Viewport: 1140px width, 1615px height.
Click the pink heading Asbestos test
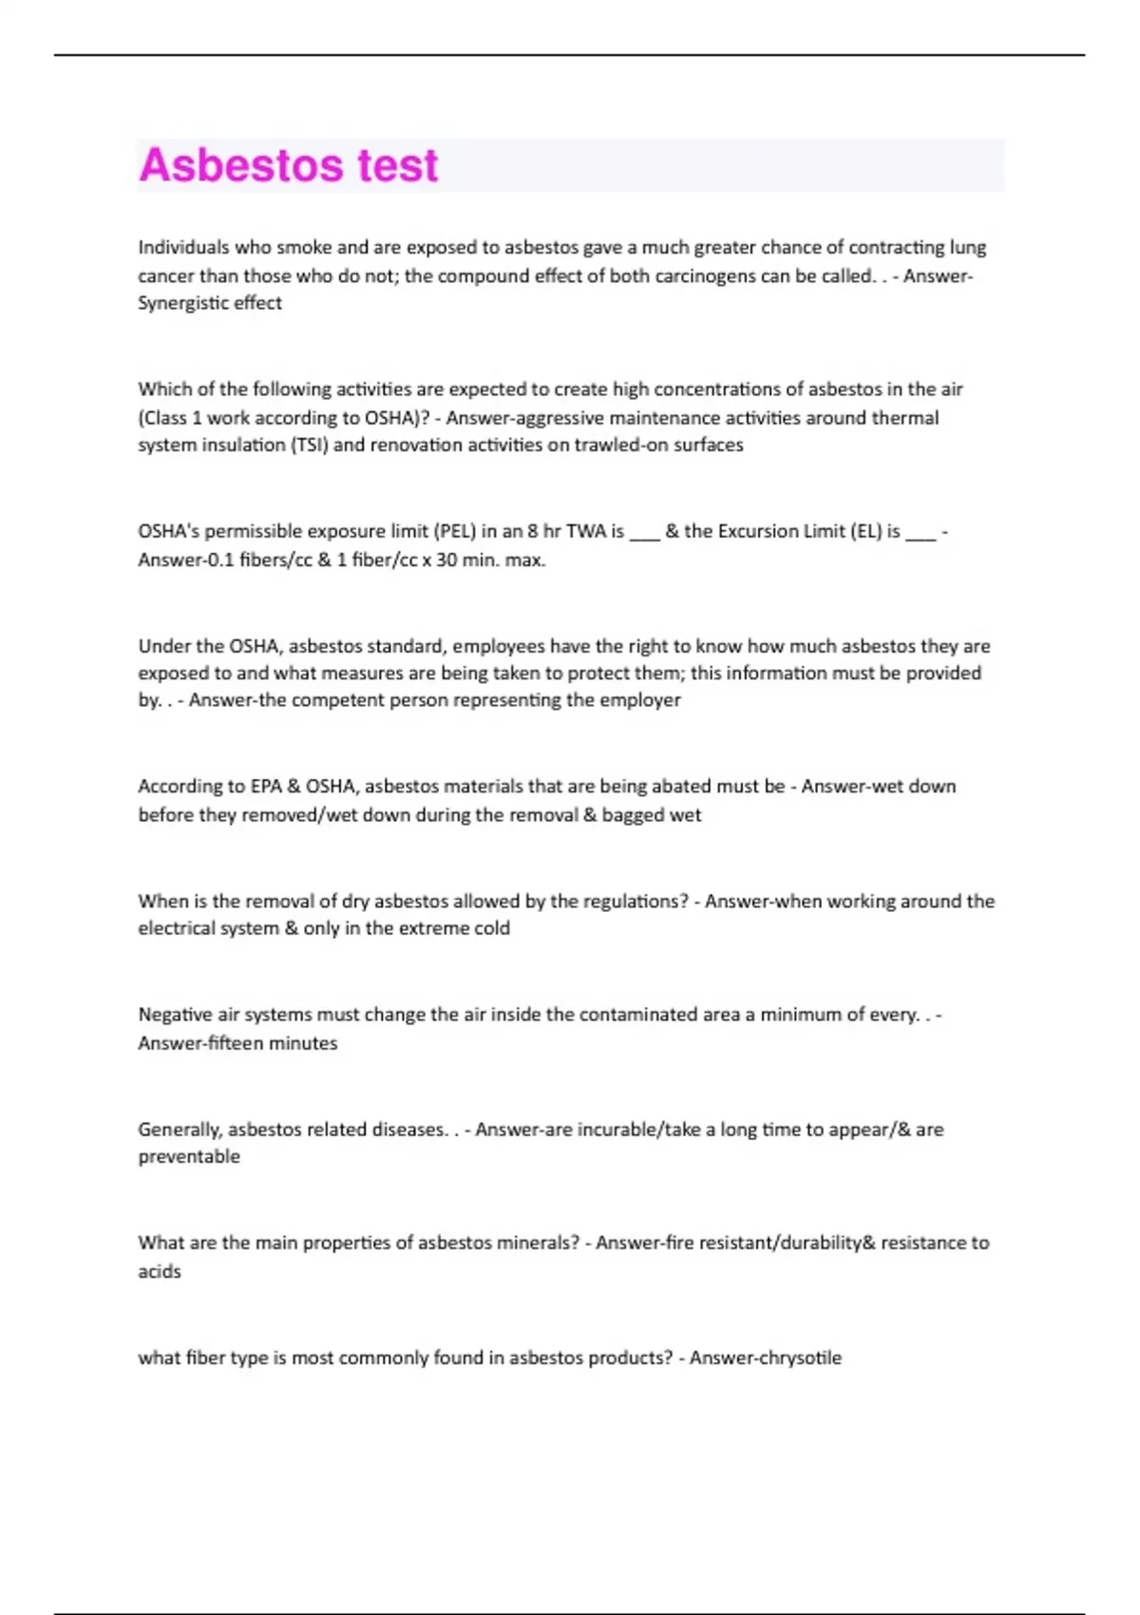point(288,165)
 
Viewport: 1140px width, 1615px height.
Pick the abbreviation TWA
point(586,531)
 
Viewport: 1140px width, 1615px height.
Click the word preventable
point(189,1157)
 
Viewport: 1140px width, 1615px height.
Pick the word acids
point(160,1271)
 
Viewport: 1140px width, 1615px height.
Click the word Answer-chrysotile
point(765,1358)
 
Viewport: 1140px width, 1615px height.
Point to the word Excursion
point(761,531)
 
